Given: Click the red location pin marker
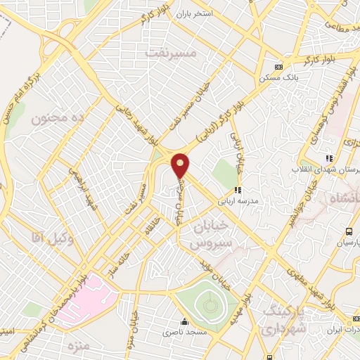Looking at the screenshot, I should (x=181, y=165).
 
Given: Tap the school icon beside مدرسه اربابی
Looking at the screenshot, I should (x=238, y=189).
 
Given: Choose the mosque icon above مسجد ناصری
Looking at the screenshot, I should (x=184, y=322).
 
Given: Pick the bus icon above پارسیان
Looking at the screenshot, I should (x=348, y=232).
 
